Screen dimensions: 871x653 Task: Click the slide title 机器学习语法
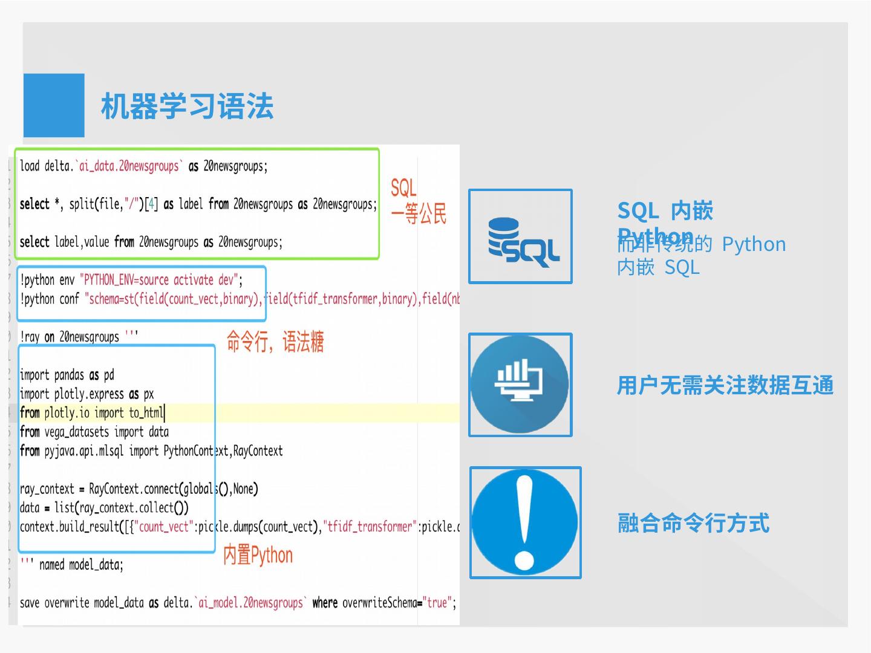click(x=187, y=106)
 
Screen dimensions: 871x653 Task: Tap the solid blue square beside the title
click(x=54, y=105)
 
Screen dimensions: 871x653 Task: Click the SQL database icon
click(x=521, y=236)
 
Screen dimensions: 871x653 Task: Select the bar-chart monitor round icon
click(x=520, y=385)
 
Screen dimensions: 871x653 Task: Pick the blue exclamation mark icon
click(x=525, y=522)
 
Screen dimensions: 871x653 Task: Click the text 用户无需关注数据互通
click(x=725, y=385)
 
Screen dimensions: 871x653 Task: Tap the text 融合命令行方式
click(x=693, y=523)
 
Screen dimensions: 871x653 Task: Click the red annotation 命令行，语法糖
click(x=275, y=342)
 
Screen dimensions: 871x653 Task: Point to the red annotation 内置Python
click(x=258, y=555)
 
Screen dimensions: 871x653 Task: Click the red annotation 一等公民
click(x=418, y=214)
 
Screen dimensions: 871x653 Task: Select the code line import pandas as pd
click(x=67, y=375)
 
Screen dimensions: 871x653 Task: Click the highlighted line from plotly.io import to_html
click(x=92, y=413)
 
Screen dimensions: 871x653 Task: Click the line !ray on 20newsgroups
click(x=79, y=337)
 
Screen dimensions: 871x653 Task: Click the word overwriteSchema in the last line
click(x=380, y=603)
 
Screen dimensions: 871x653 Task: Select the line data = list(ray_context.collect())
click(x=104, y=508)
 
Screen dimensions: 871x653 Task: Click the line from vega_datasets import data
click(x=94, y=432)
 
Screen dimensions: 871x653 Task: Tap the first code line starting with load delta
click(x=143, y=166)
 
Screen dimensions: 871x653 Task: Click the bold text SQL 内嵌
click(x=665, y=211)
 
